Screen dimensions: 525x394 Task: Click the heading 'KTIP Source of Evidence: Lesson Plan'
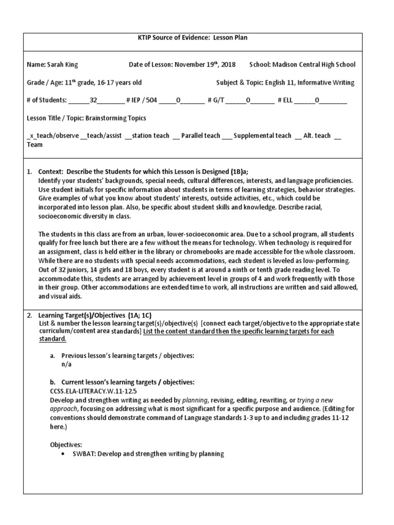(x=196, y=38)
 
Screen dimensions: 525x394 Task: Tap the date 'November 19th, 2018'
(x=205, y=65)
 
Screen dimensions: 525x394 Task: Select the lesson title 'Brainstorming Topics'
(x=115, y=118)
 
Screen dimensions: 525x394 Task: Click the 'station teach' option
(x=150, y=136)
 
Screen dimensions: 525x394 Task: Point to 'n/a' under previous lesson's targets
(x=67, y=365)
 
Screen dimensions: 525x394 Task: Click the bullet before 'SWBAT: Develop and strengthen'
(x=63, y=454)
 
